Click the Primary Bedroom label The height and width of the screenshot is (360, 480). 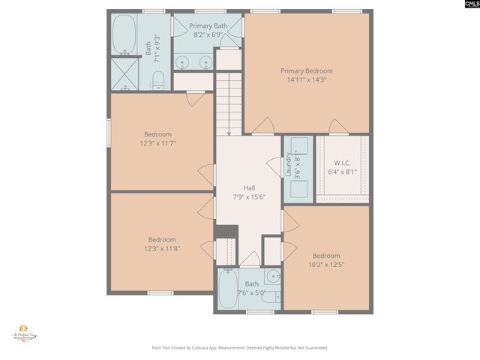(306, 71)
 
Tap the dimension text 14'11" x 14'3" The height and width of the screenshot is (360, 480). (306, 80)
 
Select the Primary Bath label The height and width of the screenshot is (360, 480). (208, 26)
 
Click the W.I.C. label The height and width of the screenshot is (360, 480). (342, 163)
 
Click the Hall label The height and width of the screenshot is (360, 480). (249, 188)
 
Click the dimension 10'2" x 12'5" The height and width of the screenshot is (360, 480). (326, 264)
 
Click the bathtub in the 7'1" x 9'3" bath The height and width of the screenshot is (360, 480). (124, 34)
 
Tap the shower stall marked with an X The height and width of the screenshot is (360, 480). (124, 73)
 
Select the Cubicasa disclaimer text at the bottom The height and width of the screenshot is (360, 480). (240, 348)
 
